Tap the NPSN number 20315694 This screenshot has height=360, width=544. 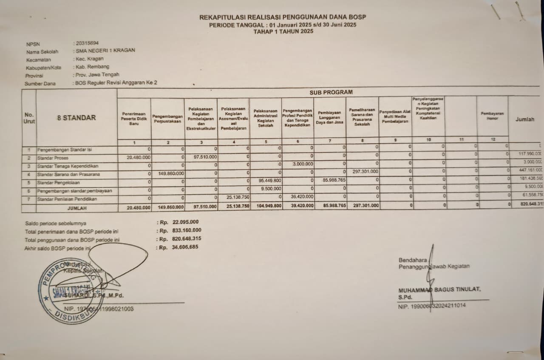click(x=87, y=43)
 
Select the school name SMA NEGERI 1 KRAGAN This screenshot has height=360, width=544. click(x=105, y=50)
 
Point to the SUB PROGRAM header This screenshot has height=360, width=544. click(x=331, y=92)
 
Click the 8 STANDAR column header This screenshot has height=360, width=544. click(x=76, y=118)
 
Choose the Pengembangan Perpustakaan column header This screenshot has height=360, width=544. click(x=167, y=119)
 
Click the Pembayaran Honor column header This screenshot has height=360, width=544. click(x=492, y=116)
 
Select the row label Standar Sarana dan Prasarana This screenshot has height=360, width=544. click(x=68, y=174)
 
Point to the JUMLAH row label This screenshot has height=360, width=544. click(x=76, y=208)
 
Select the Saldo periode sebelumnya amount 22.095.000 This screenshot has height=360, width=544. click(x=185, y=222)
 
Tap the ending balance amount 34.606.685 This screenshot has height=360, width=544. click(x=185, y=247)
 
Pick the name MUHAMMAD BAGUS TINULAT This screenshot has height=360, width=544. click(x=439, y=289)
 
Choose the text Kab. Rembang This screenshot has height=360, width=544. click(x=92, y=67)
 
